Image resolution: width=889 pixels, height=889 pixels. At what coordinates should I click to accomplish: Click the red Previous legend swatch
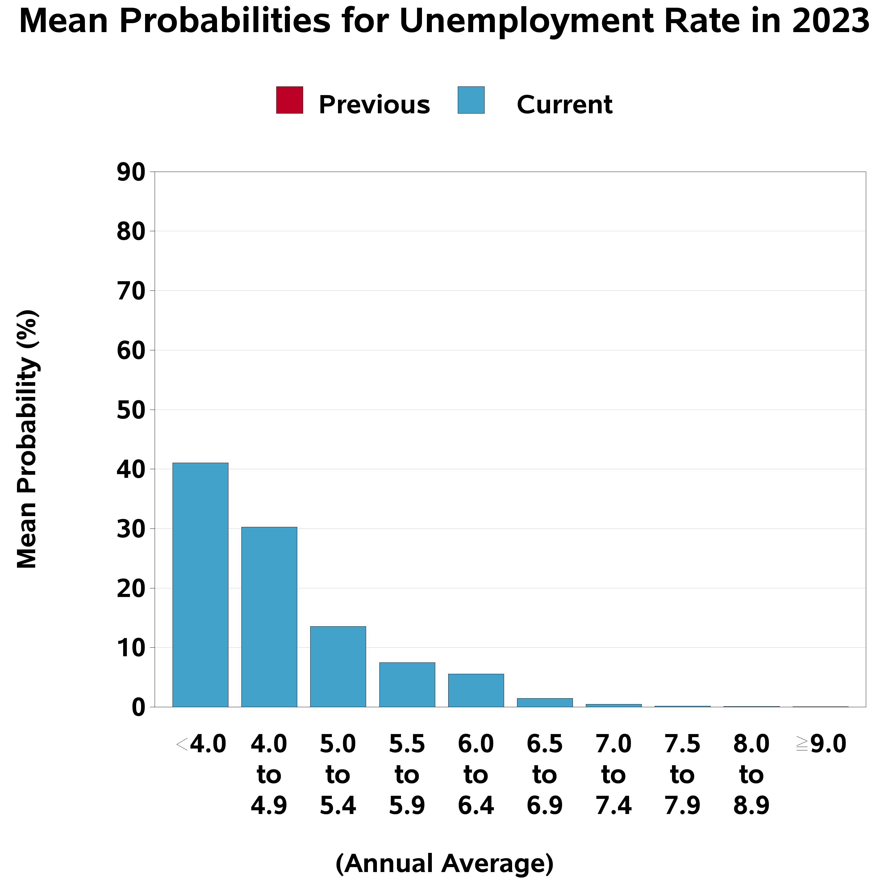290,100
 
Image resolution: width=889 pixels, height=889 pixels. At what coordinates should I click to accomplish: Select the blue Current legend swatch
471,100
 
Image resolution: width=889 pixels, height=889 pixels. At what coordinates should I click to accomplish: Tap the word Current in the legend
564,105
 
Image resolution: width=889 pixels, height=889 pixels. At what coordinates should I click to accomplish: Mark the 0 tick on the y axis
138,707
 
